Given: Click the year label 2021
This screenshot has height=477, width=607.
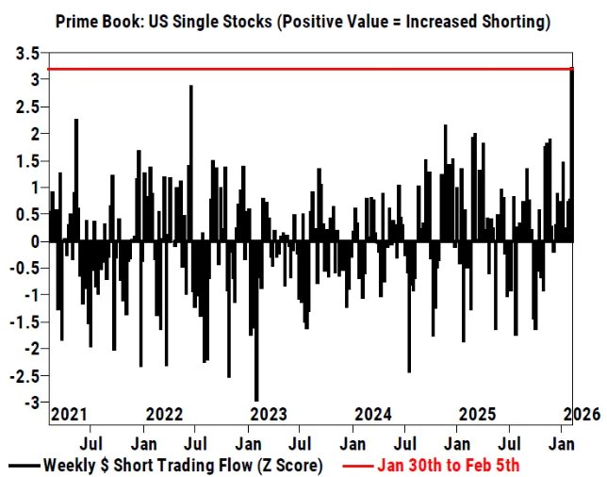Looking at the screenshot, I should pos(68,414).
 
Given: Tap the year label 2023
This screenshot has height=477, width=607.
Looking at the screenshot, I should pos(270,414).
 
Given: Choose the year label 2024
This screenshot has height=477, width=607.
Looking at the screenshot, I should pos(374,414).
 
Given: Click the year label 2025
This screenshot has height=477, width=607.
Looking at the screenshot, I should pos(478,414).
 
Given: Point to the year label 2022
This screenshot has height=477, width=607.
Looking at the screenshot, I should pos(166,414).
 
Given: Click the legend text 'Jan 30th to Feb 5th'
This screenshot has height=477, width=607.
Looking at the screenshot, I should pos(449,465).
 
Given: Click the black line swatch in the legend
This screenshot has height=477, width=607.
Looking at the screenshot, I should pos(23,465).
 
